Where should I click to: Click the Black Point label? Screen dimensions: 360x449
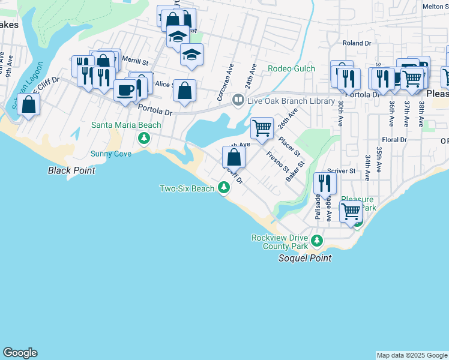tap(71, 170)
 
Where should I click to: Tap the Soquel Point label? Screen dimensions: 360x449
tap(304, 258)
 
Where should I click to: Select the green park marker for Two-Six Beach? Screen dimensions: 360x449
tap(224, 188)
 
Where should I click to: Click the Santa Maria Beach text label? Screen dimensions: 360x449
tap(126, 125)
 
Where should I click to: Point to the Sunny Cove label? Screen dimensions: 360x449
tap(110, 154)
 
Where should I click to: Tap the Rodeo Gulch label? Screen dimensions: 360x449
tap(291, 68)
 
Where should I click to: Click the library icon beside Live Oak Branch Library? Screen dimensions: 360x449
tap(238, 101)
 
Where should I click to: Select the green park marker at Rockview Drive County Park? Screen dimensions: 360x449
tap(317, 241)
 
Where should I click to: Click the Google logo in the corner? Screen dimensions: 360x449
tap(20, 353)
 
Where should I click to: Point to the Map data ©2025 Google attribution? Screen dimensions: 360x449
tap(412, 355)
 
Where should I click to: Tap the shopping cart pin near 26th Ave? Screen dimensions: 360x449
tap(262, 128)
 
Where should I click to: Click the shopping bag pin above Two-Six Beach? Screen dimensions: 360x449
tap(234, 158)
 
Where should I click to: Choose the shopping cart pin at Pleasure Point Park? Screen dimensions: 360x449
tap(351, 211)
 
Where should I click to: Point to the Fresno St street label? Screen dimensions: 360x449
tap(278, 161)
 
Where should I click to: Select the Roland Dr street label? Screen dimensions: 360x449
tap(357, 43)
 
